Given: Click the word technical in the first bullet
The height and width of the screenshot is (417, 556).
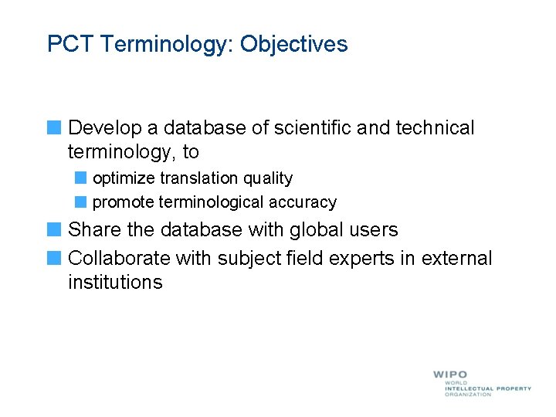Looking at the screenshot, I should pos(435,127).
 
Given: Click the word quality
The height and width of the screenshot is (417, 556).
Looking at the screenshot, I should pos(268,178).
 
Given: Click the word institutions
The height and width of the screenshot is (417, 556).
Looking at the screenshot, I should pos(115,283).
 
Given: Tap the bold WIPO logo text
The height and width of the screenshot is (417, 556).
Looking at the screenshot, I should pos(450,375).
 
